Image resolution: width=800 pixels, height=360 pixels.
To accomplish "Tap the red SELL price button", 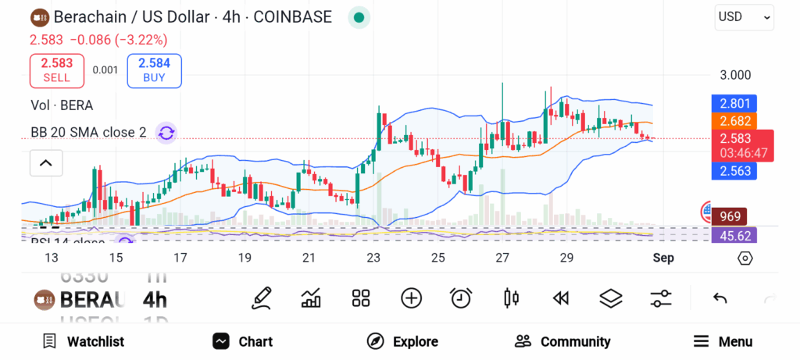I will [x=57, y=70].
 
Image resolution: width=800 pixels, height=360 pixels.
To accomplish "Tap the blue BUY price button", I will [x=154, y=70].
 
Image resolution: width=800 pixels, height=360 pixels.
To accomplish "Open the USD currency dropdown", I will [x=745, y=17].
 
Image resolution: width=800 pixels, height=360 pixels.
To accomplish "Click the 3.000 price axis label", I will [x=735, y=75].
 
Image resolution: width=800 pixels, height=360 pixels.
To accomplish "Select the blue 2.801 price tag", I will [x=734, y=102].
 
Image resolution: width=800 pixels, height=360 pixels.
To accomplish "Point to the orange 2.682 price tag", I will [x=734, y=121].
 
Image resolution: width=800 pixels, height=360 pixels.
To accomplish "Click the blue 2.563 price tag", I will [x=734, y=172].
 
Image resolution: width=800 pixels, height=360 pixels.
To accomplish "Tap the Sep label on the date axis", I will [x=663, y=258].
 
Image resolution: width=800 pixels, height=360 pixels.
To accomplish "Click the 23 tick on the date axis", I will [x=373, y=258].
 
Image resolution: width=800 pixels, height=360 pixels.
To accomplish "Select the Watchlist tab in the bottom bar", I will [x=83, y=341].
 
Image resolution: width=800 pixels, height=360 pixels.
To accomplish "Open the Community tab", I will [x=562, y=341].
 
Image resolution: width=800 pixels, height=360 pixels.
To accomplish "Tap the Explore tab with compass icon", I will [x=402, y=341].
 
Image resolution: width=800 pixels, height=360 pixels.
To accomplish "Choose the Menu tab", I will [x=723, y=341].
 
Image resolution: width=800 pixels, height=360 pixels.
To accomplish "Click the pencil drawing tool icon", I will [x=262, y=298].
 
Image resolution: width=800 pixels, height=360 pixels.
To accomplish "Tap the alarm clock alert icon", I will [x=461, y=298].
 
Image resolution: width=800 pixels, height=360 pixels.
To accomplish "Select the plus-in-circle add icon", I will [x=411, y=298].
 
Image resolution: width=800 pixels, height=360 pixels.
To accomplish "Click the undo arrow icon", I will [x=720, y=298].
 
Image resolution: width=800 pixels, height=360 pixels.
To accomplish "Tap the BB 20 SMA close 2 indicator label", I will [x=88, y=133].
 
